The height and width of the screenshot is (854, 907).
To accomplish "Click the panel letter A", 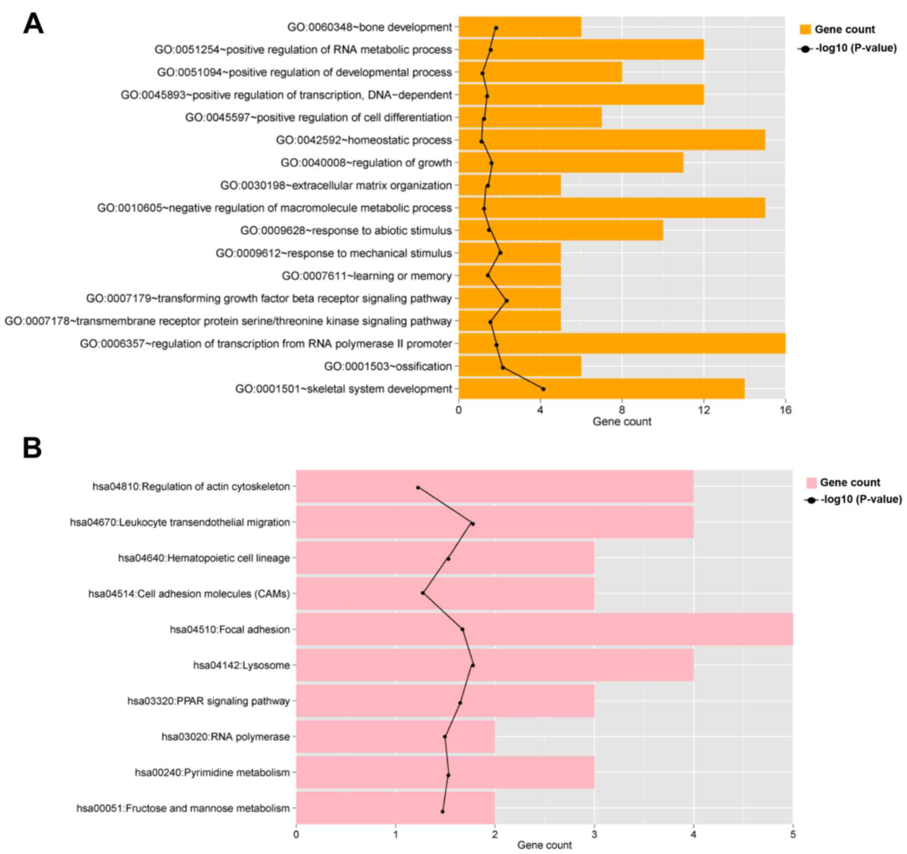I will [x=33, y=24].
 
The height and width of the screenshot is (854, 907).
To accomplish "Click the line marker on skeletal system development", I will [x=543, y=389].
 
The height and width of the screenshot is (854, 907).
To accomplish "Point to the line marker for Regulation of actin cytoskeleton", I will [x=418, y=488].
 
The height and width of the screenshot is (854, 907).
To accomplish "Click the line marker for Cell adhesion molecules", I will [x=423, y=593].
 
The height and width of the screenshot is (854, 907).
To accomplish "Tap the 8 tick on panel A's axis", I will [x=622, y=410].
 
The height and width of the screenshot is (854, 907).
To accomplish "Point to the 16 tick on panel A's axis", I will [x=785, y=410].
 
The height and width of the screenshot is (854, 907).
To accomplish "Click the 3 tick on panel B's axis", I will [x=594, y=835].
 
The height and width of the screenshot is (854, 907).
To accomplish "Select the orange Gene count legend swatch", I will [x=805, y=30].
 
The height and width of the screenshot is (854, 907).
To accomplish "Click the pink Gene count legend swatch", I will [x=811, y=483].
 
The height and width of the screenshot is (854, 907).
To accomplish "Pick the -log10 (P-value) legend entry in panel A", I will [x=848, y=48].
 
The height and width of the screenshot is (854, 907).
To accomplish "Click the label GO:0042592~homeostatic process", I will [x=364, y=140].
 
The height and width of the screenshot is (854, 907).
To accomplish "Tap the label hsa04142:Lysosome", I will [x=241, y=665].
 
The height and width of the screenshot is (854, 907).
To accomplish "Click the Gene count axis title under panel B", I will [x=544, y=845].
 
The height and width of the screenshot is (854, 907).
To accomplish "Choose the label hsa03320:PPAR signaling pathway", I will [x=209, y=701].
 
